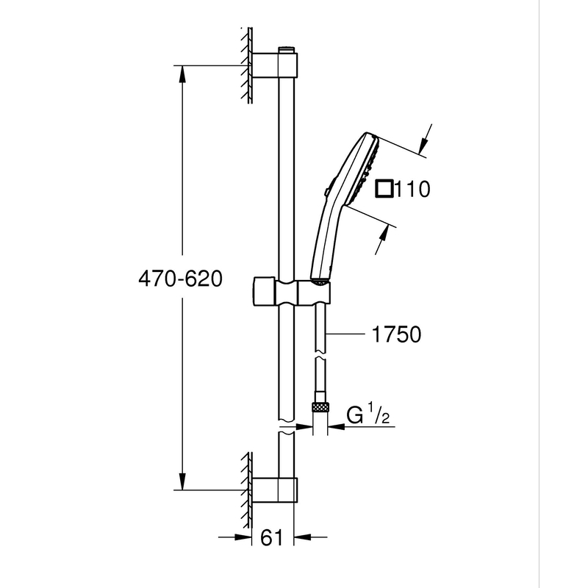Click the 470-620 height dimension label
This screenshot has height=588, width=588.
pyautogui.click(x=179, y=280)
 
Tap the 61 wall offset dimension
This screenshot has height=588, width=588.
pyautogui.click(x=272, y=538)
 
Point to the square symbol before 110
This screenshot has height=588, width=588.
pyautogui.click(x=384, y=189)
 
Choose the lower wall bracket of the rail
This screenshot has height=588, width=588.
pyautogui.click(x=276, y=490)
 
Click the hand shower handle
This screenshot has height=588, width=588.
pyautogui.click(x=323, y=243)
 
